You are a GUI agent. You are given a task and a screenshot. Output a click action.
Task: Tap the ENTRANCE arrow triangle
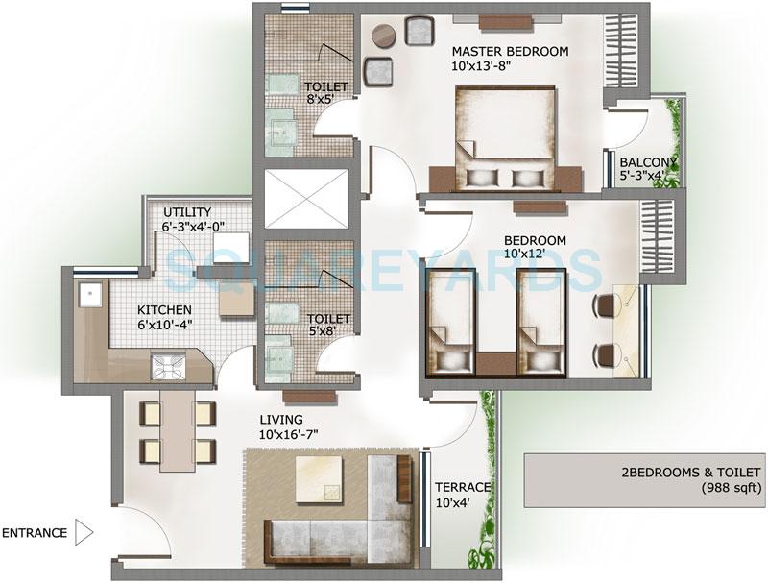coord(84,532)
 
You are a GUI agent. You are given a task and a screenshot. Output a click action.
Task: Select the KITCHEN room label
coord(164,311)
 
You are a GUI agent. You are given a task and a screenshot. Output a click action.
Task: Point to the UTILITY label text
coord(187,212)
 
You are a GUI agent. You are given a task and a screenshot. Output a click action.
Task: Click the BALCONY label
coord(648,162)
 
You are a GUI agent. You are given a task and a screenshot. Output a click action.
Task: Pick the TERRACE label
coord(463,488)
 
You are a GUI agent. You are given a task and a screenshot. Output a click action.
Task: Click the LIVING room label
coord(280,420)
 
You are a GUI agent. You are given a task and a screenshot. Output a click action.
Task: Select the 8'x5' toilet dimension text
coord(326,100)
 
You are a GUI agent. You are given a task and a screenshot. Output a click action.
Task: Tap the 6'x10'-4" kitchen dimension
coord(164,326)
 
